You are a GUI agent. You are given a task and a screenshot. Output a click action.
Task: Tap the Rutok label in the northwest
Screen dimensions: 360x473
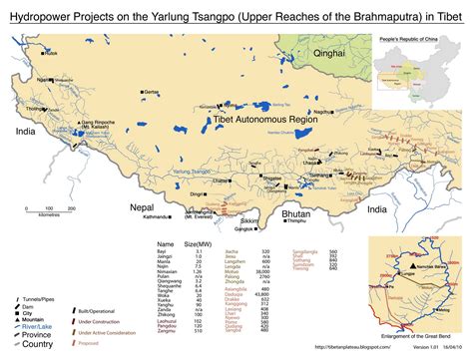pos(52,52)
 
